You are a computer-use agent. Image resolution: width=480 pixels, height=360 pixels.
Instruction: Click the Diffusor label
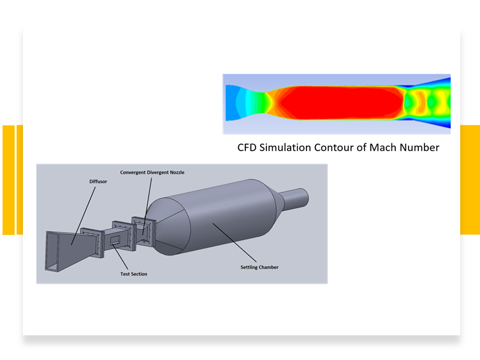98,182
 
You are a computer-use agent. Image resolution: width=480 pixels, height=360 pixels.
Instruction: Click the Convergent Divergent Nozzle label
152,173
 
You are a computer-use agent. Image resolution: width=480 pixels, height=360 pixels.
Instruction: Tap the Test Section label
133,274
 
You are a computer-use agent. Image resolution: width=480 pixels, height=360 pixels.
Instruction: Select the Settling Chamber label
259,268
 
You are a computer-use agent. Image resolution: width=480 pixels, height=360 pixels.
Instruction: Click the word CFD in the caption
247,147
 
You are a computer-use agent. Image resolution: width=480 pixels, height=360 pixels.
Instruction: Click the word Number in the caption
419,147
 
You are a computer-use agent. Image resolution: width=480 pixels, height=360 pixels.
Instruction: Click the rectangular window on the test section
115,240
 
